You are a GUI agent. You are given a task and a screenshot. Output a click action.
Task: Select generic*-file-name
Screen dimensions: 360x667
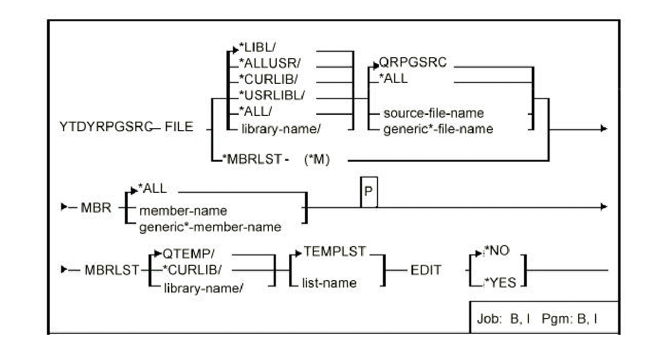[x=438, y=129]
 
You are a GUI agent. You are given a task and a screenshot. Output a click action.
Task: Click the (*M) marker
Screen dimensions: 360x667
[x=316, y=160]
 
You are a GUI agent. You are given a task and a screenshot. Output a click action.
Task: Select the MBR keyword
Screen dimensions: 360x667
[x=96, y=208]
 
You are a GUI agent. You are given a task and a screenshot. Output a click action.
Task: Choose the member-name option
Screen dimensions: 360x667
[x=183, y=211]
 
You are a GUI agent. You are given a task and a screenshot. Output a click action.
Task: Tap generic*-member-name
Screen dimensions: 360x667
[x=210, y=227]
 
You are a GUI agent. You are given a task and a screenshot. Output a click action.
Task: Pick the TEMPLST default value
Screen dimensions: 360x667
[x=335, y=252]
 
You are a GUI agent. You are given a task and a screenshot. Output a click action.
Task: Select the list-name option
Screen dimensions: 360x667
[x=329, y=283]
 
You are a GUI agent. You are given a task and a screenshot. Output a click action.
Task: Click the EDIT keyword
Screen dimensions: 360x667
[x=426, y=270]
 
